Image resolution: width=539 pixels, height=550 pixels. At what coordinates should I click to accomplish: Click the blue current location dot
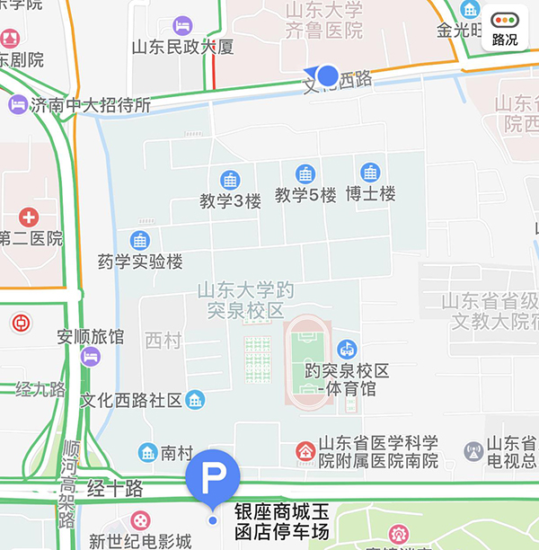pyautogui.click(x=329, y=75)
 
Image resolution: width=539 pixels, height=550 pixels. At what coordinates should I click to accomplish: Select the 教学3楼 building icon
pyautogui.click(x=230, y=180)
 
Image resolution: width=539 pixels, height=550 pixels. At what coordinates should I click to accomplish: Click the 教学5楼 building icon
pyautogui.click(x=305, y=174)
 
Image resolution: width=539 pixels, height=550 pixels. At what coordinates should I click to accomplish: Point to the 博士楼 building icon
pyautogui.click(x=370, y=173)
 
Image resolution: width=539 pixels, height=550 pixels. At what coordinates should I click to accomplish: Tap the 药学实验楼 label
pyautogui.click(x=140, y=262)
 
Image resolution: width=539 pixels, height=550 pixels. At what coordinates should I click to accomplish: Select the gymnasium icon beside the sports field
pyautogui.click(x=346, y=349)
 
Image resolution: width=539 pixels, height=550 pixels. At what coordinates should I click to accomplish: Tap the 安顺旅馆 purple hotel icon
pyautogui.click(x=90, y=357)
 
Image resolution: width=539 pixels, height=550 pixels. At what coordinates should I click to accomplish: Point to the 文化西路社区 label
pyautogui.click(x=131, y=400)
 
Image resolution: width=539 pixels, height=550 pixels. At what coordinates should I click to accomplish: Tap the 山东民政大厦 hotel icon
pyautogui.click(x=182, y=25)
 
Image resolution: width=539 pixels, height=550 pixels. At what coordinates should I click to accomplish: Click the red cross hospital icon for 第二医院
pyautogui.click(x=29, y=217)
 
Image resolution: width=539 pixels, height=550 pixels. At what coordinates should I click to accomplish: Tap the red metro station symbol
pyautogui.click(x=20, y=322)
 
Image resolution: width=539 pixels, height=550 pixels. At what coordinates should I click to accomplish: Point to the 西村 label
pyautogui.click(x=163, y=340)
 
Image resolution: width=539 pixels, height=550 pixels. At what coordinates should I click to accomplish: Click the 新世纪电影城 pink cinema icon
pyautogui.click(x=140, y=520)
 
